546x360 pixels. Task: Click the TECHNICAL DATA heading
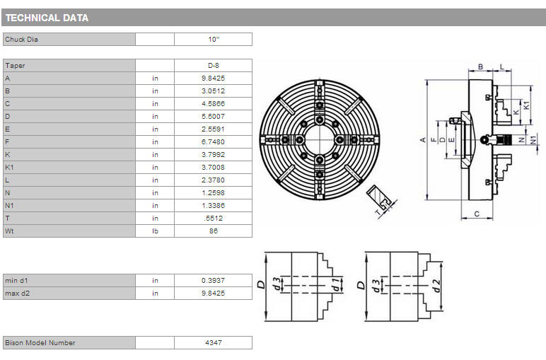point(47,18)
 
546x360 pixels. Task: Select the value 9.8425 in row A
point(213,79)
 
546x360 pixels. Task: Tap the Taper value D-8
point(213,66)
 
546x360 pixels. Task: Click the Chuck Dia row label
point(21,40)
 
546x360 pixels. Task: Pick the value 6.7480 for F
point(213,142)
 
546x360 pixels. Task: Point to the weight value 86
point(214,231)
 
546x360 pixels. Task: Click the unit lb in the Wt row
point(155,231)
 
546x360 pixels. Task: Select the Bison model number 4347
point(214,342)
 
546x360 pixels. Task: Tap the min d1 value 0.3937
point(213,281)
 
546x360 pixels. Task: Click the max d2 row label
point(18,293)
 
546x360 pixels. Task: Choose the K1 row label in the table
point(9,168)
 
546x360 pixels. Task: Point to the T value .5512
point(214,219)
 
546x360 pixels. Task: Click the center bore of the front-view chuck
point(319,140)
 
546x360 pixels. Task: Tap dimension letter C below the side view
point(477,214)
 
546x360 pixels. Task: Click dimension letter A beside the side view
point(423,140)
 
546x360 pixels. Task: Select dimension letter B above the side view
point(480,66)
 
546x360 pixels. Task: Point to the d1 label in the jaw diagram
point(336,284)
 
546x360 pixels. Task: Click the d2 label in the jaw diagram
point(437,286)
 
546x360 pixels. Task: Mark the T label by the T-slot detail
point(378,212)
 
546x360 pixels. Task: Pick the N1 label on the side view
point(533,140)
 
